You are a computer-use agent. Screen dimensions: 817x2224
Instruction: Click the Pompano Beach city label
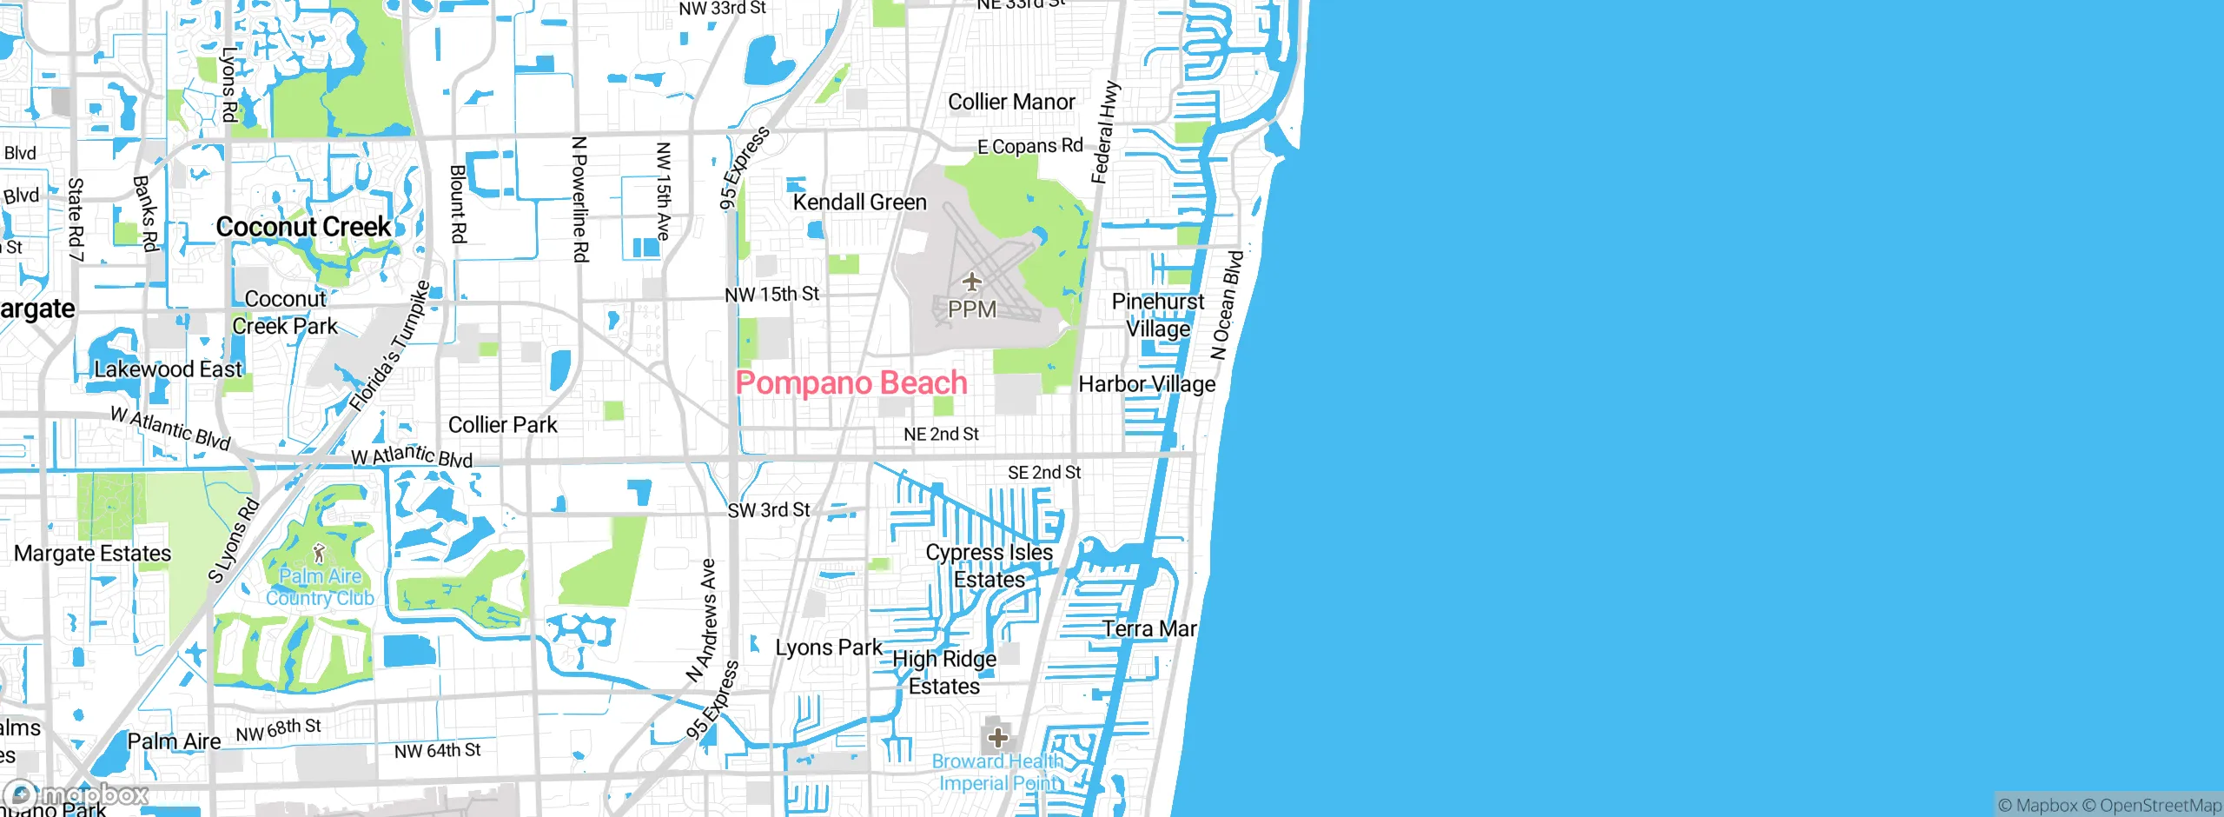[851, 383]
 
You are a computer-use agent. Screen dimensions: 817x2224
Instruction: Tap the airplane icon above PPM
[971, 282]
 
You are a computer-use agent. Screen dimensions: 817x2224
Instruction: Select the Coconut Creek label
[303, 227]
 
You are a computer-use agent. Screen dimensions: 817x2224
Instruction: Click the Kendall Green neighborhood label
[859, 203]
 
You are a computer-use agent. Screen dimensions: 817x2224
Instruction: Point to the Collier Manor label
[1011, 103]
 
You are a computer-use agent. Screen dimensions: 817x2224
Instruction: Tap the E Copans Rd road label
[1029, 147]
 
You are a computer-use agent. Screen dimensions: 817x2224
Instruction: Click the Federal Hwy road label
[1105, 133]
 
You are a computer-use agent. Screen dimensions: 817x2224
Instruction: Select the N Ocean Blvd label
[1228, 305]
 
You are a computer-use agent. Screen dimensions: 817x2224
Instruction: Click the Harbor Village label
[1146, 384]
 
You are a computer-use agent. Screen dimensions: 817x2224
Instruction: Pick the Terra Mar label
[1148, 628]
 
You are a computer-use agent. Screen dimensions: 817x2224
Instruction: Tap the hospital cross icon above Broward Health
[997, 738]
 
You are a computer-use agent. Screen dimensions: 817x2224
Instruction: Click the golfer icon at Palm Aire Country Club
[319, 553]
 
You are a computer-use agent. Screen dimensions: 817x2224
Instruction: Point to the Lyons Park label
[828, 648]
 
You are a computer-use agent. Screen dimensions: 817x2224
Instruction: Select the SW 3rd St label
[768, 510]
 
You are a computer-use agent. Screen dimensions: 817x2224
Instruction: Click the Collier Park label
[502, 425]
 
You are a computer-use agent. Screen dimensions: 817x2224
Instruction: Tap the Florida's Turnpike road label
[389, 347]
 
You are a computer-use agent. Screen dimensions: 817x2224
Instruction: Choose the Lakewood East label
[168, 369]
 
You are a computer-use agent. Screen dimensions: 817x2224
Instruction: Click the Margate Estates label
[92, 554]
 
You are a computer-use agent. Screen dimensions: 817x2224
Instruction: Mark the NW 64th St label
[437, 750]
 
